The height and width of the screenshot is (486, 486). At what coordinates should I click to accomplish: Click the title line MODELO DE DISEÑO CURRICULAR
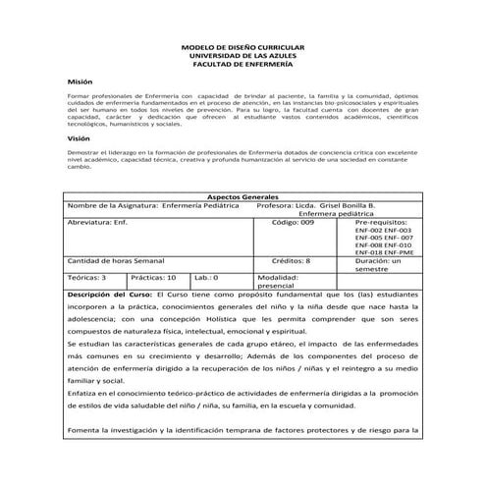[243, 47]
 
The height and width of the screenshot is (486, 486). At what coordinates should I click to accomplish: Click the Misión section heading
[80, 84]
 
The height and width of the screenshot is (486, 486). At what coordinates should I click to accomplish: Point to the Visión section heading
[79, 140]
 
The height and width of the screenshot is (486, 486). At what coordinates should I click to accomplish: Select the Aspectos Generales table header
[243, 196]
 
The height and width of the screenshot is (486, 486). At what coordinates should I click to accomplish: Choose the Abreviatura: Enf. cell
[98, 223]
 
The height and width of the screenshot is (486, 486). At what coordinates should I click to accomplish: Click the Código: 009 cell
[293, 223]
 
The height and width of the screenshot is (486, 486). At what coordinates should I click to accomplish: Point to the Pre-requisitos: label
[384, 223]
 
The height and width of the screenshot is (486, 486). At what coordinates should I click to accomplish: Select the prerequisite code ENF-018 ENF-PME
[384, 250]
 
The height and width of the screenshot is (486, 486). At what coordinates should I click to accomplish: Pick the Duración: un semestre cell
[384, 266]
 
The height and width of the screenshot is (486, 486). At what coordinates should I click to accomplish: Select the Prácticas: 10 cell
[153, 278]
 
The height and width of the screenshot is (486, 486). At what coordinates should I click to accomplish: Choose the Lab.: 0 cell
[206, 278]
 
